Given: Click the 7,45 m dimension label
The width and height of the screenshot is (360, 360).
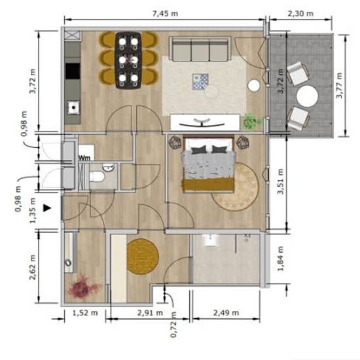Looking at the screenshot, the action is click(165, 13).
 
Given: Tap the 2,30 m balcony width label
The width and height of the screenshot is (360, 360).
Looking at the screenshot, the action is click(300, 13).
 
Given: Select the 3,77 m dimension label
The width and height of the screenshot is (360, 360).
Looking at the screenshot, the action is click(339, 85).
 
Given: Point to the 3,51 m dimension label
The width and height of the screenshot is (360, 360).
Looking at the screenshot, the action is click(280, 181).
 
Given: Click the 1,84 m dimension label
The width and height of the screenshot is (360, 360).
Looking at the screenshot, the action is click(280, 259).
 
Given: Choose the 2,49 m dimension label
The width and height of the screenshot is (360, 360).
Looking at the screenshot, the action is click(226, 312).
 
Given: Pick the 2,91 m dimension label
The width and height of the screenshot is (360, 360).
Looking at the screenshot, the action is click(150, 312).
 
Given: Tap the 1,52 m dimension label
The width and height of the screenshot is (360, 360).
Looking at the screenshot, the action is click(85, 312).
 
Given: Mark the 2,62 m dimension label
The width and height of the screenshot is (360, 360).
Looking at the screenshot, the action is click(32, 267).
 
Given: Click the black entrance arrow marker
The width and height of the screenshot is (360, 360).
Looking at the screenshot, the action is click(47, 208).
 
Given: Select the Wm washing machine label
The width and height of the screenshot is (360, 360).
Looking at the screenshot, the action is click(84, 158).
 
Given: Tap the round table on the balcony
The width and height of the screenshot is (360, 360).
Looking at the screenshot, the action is click(307, 96).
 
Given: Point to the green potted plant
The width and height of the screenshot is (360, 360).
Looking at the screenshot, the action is click(251, 122).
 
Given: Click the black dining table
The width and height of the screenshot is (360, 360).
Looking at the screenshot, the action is click(128, 60).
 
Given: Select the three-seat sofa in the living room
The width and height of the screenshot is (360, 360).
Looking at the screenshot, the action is click(200, 49).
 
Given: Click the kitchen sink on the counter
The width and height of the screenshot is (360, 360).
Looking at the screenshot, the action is click(73, 107).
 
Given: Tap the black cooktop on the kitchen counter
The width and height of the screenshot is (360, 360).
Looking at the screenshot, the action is click(73, 71).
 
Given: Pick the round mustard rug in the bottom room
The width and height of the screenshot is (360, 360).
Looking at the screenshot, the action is click(143, 257).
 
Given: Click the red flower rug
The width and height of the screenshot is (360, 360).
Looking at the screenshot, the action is click(82, 286).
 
